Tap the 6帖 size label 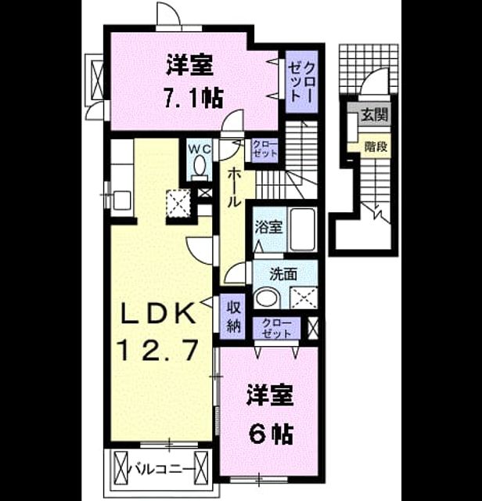coord(271,434)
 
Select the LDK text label coord(157,313)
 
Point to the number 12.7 coord(158,350)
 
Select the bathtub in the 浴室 coord(302,229)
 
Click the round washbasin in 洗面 coord(268,297)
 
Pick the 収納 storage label coord(233,317)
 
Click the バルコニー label coord(162,470)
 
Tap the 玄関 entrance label coord(374,114)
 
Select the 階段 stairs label coord(376,146)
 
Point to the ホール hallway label coord(234,188)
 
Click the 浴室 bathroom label coord(268,227)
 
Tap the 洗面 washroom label coord(283,274)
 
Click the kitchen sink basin coord(121,200)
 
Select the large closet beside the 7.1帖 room coord(301,81)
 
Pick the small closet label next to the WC coord(264,149)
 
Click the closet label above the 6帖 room coord(277,328)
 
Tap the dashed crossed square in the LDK coord(178,203)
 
